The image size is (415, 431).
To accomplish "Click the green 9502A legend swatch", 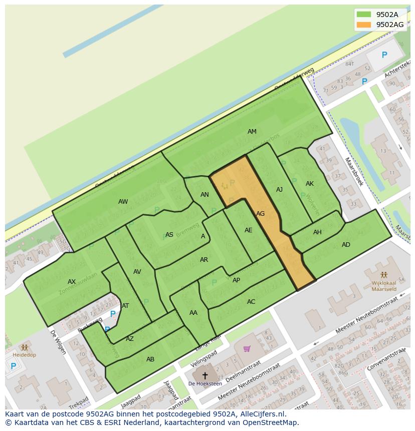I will coord(364,15).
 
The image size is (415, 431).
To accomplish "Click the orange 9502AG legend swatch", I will coord(364,25).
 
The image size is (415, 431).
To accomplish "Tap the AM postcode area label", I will coord(252,132).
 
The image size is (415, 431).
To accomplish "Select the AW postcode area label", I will coord(123,202).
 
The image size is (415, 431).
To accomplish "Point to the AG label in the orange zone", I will coord(260,214).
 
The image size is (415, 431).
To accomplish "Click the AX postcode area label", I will coord(72,282).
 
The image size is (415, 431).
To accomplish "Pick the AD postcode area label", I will coord(346,245).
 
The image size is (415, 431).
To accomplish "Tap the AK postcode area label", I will coord(309,184).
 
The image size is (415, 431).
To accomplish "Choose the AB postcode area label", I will coord(150,359).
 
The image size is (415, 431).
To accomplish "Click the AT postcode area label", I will coord(125,306).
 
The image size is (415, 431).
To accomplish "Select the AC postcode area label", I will coord(251,302).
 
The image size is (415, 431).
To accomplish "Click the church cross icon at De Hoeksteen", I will coord(204,375).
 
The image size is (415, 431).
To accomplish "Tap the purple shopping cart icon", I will coord(247,348).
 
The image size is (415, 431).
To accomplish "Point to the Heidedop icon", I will coord(24,347).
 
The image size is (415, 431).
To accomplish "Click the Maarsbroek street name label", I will coord(354,172).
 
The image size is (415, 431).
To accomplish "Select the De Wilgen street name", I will coord(58,341).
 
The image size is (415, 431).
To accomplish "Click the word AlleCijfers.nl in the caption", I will coord(262,414).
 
